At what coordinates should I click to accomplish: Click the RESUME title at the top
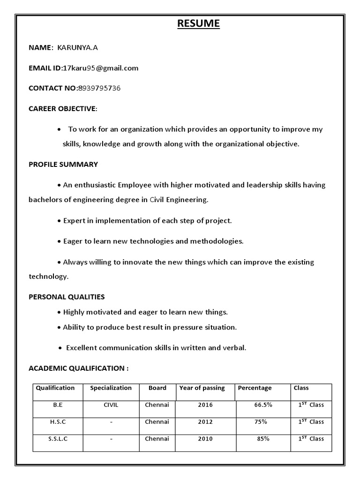[x=198, y=23]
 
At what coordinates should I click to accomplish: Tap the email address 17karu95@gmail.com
[x=101, y=68]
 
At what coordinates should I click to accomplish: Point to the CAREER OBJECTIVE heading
[x=63, y=109]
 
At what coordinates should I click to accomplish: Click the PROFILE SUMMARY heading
[x=63, y=165]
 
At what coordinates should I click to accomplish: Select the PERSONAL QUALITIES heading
[x=67, y=297]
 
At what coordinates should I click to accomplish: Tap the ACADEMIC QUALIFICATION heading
[x=78, y=368]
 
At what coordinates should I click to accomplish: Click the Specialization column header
[x=111, y=388]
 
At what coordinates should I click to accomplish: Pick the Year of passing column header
[x=202, y=388]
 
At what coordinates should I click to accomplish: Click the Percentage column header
[x=255, y=388]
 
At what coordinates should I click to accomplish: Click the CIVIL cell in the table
[x=111, y=405]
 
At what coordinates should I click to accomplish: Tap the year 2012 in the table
[x=205, y=422]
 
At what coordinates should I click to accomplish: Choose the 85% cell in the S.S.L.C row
[x=263, y=439]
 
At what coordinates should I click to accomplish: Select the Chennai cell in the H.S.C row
[x=157, y=422]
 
